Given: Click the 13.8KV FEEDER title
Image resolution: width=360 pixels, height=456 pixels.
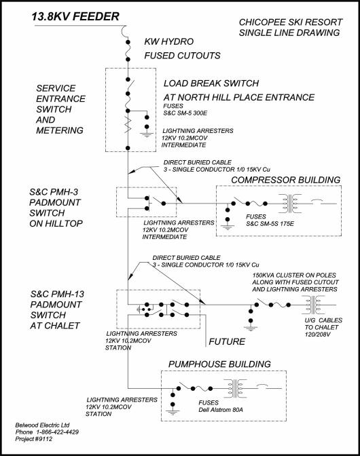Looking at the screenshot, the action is (x=75, y=16).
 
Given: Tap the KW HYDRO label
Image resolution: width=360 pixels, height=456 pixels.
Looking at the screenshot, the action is (x=169, y=41).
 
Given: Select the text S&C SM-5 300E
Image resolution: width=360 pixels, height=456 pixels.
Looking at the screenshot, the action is (x=185, y=113).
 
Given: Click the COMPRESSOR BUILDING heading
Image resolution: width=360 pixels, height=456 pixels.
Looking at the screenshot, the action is (x=286, y=180).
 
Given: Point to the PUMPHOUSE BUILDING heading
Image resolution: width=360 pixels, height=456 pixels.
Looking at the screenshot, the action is (x=219, y=364).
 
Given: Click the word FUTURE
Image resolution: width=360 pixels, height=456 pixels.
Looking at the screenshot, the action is (x=227, y=341).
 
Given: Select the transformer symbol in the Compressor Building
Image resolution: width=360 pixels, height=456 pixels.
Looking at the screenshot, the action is (x=290, y=204).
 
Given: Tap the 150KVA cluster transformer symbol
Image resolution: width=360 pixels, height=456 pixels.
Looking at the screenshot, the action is (x=313, y=305).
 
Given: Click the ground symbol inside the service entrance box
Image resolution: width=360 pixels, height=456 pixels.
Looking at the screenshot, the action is (x=147, y=134).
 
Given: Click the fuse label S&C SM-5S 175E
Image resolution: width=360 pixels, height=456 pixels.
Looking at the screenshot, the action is (x=270, y=224).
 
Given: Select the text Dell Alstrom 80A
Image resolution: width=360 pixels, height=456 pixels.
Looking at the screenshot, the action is (x=221, y=410).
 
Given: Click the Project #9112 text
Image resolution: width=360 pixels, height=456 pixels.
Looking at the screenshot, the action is (x=34, y=439).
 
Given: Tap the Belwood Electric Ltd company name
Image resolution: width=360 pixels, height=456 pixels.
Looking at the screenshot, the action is (x=43, y=425).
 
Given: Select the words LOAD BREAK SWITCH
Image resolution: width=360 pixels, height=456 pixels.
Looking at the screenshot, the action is (x=211, y=83).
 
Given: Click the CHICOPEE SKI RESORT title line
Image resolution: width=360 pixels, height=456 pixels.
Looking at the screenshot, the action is (x=291, y=22).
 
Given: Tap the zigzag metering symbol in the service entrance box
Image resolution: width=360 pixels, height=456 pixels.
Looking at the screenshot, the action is (x=128, y=124).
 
